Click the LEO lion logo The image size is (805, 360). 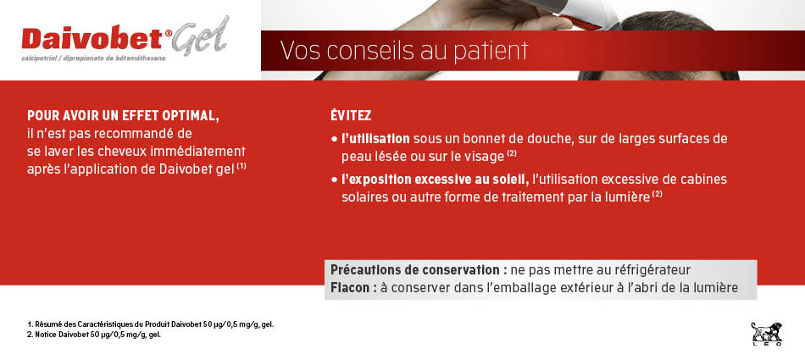pos(767,333)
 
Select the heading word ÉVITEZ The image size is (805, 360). pos(351,116)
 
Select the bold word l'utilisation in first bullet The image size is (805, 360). pos(375,139)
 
